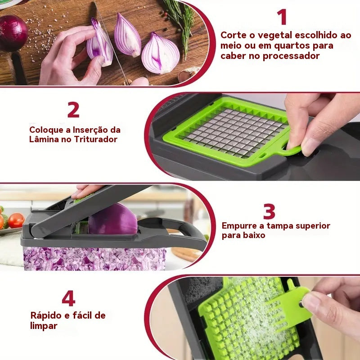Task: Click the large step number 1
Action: (x=282, y=17)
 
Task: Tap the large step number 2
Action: (x=73, y=110)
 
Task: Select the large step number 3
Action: (x=269, y=211)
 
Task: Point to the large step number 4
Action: (x=68, y=298)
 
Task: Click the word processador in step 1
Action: (x=291, y=56)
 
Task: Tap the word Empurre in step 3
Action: (x=239, y=226)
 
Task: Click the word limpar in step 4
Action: (x=44, y=326)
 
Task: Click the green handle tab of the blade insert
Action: (x=292, y=150)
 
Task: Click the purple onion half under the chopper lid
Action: (x=113, y=220)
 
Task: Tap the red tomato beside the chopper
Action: (x=16, y=220)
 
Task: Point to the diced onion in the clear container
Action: (x=94, y=259)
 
